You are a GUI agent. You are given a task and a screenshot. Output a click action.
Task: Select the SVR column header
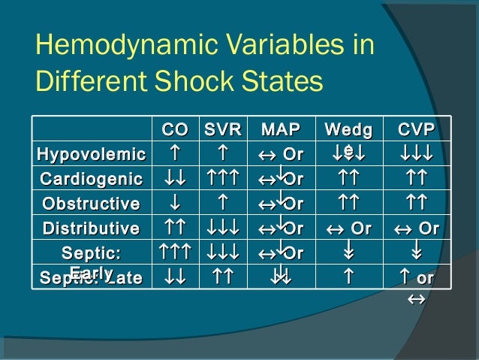223,130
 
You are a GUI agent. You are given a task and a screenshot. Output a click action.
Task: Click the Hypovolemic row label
92,155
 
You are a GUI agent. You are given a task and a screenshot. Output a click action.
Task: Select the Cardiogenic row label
92,179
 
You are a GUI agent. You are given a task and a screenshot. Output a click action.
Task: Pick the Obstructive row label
92,204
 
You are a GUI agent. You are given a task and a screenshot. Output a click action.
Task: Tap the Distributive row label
92,228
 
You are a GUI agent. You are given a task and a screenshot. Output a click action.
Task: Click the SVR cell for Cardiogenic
223,179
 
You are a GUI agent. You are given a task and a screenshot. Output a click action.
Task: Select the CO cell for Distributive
173,228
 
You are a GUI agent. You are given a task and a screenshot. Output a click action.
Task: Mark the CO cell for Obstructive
173,204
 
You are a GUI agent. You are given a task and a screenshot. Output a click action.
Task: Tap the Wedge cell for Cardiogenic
348,179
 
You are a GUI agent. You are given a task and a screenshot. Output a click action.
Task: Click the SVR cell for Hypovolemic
223,155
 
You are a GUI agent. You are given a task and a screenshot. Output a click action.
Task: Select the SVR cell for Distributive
223,228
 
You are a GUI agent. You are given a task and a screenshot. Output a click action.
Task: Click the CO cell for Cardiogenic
173,179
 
